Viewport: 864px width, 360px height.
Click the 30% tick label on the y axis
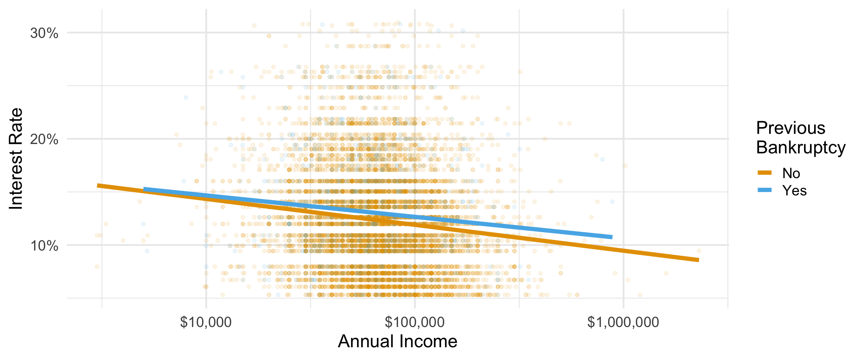click(x=44, y=33)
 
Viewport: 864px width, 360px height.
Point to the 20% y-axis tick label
click(x=44, y=140)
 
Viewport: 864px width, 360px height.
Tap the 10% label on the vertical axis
click(x=44, y=246)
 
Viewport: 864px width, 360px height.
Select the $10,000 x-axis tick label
click(x=206, y=322)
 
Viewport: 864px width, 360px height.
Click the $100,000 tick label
click(x=415, y=322)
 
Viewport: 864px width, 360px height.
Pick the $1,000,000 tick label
click(x=623, y=322)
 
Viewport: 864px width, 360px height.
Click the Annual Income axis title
click(x=397, y=342)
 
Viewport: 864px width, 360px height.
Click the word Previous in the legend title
click(x=790, y=128)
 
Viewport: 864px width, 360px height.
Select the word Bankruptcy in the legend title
click(x=801, y=147)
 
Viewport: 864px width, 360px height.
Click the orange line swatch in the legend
click(x=765, y=173)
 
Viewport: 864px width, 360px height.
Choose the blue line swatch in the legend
click(x=765, y=190)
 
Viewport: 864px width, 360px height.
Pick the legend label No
click(x=791, y=173)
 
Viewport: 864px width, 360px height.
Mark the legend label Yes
click(x=794, y=190)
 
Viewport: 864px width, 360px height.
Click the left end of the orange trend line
click(x=98, y=186)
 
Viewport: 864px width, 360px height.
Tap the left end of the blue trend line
click(x=144, y=189)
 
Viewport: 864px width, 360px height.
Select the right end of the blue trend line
click(x=612, y=237)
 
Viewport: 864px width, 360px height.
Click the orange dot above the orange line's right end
click(x=699, y=251)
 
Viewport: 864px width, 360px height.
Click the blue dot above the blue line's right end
click(x=612, y=202)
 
